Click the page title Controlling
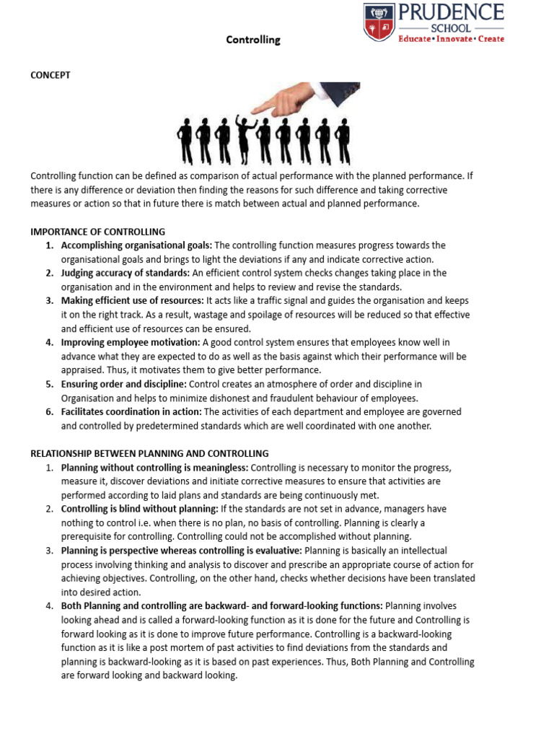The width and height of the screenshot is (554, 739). pyautogui.click(x=253, y=40)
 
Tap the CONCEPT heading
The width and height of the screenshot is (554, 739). pyautogui.click(x=50, y=75)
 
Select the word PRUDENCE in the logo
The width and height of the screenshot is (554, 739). pyautogui.click(x=451, y=12)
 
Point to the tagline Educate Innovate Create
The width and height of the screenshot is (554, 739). pyautogui.click(x=451, y=39)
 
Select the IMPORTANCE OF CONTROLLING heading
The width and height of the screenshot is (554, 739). pyautogui.click(x=97, y=232)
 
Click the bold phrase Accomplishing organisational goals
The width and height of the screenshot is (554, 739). pyautogui.click(x=136, y=245)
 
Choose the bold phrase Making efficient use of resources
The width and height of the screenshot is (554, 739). pyautogui.click(x=133, y=300)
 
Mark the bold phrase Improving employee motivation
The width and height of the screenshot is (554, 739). pyautogui.click(x=131, y=342)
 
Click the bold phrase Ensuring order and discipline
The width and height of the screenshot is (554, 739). pyautogui.click(x=124, y=384)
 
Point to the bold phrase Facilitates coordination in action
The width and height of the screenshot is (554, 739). pyautogui.click(x=132, y=411)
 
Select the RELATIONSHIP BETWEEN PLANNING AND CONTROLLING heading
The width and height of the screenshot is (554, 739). pyautogui.click(x=149, y=453)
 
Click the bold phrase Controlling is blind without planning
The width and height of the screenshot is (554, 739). pyautogui.click(x=137, y=509)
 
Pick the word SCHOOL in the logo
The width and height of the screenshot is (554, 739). pyautogui.click(x=451, y=27)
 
